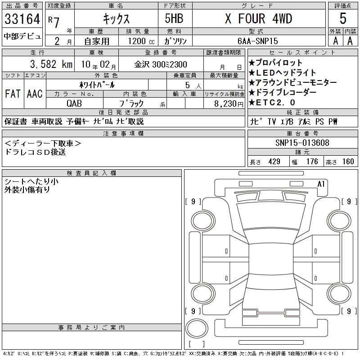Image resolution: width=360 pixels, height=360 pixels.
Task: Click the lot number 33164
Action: click(x=22, y=19)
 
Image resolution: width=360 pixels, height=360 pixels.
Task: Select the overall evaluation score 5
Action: click(x=343, y=18)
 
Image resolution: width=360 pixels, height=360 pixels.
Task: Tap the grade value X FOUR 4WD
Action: click(x=258, y=18)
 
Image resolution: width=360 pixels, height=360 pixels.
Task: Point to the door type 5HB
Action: click(x=174, y=18)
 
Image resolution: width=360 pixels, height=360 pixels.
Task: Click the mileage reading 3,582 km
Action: click(x=51, y=64)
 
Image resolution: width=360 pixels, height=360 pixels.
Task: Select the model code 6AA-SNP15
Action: click(x=257, y=41)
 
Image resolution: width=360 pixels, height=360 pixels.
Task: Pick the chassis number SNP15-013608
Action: click(x=302, y=143)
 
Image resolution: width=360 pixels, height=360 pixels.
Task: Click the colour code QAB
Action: click(x=74, y=103)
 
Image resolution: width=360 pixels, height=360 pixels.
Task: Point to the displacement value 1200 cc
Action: click(x=141, y=41)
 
